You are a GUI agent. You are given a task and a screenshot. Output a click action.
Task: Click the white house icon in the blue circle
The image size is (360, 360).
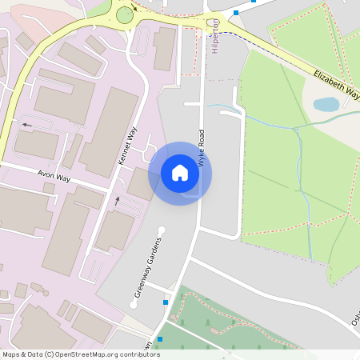(x=180, y=173)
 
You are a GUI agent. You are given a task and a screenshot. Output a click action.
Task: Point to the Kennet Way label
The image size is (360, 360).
(x=127, y=146)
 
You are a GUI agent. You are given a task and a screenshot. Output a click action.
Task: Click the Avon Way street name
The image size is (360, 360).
(x=54, y=176)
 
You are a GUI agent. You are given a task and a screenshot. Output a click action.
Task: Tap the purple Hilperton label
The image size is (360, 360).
(x=214, y=37)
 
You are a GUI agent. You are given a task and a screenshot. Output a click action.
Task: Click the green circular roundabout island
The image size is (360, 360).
(x=124, y=14)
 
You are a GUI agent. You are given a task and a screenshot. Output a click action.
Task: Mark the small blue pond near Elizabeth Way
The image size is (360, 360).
(x=326, y=104)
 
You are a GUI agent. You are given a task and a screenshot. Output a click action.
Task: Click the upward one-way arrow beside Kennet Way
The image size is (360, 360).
(x=118, y=200)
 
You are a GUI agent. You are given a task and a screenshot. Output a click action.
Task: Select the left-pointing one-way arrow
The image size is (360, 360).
(x=28, y=125)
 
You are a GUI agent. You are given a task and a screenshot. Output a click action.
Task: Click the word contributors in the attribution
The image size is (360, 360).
(x=137, y=354)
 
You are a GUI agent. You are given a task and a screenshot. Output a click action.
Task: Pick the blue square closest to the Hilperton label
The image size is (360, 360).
(x=236, y=13)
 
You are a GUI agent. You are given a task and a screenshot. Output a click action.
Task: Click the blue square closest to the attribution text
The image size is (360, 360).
(x=160, y=339)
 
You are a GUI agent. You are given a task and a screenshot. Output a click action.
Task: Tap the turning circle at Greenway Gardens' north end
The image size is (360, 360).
(x=161, y=231)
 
